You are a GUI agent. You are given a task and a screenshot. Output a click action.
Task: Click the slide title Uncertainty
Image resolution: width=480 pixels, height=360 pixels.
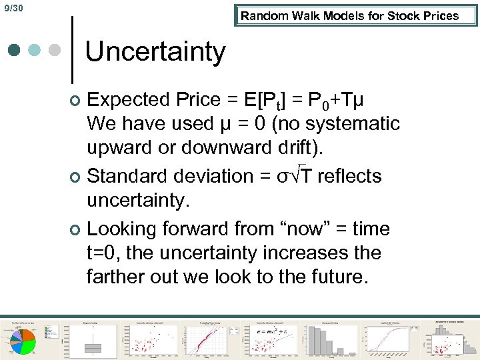(x=155, y=51)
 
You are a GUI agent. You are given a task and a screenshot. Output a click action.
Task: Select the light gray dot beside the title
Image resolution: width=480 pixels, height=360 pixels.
(x=55, y=51)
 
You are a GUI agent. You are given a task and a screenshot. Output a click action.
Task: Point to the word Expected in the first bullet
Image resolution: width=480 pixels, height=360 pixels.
(x=129, y=100)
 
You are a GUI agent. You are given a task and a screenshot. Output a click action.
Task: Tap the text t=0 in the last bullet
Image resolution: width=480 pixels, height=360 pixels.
(x=103, y=253)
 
